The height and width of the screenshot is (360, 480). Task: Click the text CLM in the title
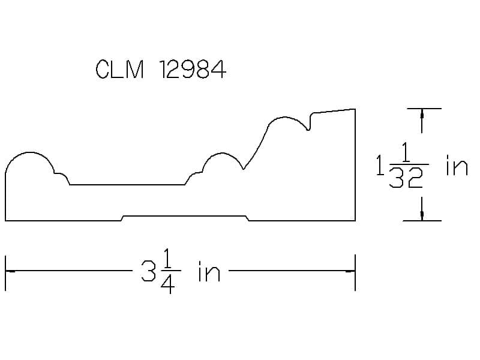pos(119,69)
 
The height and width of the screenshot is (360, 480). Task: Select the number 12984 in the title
pos(193,69)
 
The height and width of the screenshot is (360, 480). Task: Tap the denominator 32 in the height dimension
pos(406,178)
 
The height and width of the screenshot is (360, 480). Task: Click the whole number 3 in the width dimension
pos(148,271)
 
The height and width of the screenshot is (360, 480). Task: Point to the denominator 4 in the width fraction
pos(168,284)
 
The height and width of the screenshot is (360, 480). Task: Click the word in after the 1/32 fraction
pos(457,166)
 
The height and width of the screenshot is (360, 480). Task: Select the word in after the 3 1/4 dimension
pos(209,271)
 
